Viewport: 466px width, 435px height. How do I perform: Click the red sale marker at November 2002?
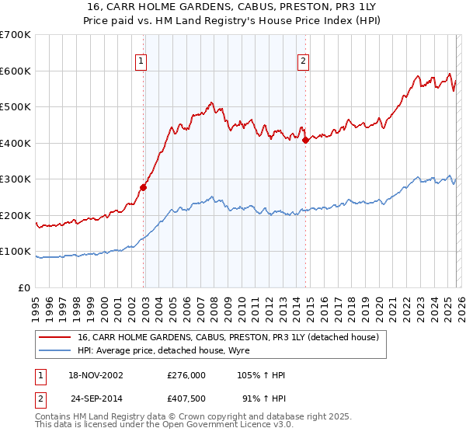[144, 187]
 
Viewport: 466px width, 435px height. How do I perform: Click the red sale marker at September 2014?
[305, 140]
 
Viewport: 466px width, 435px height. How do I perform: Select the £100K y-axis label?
[16, 252]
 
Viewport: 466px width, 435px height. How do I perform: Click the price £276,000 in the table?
[186, 375]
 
